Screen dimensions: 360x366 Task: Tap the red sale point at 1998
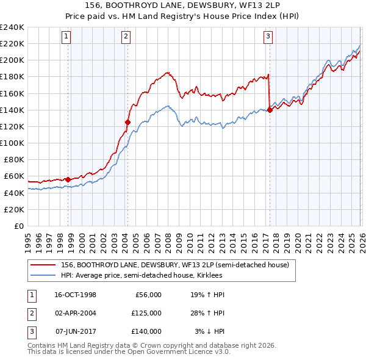[x=68, y=179]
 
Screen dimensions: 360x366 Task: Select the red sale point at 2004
[x=127, y=122]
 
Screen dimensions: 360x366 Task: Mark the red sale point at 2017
[x=270, y=110]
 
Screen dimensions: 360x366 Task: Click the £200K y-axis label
[x=12, y=60]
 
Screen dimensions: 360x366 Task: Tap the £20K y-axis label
[x=14, y=209]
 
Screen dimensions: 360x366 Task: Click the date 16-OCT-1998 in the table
[x=75, y=295]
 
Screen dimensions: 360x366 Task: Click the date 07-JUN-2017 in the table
[x=75, y=331]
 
